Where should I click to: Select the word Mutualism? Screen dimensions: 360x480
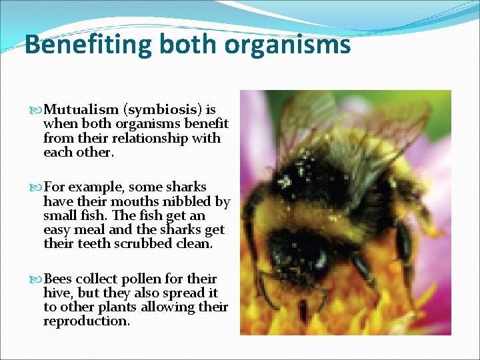(x=74, y=109)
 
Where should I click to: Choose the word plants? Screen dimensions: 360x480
(x=119, y=307)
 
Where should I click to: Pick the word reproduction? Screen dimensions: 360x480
(x=85, y=321)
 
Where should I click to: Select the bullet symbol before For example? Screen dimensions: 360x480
(x=36, y=187)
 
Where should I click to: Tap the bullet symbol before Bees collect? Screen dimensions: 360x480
(x=36, y=279)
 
